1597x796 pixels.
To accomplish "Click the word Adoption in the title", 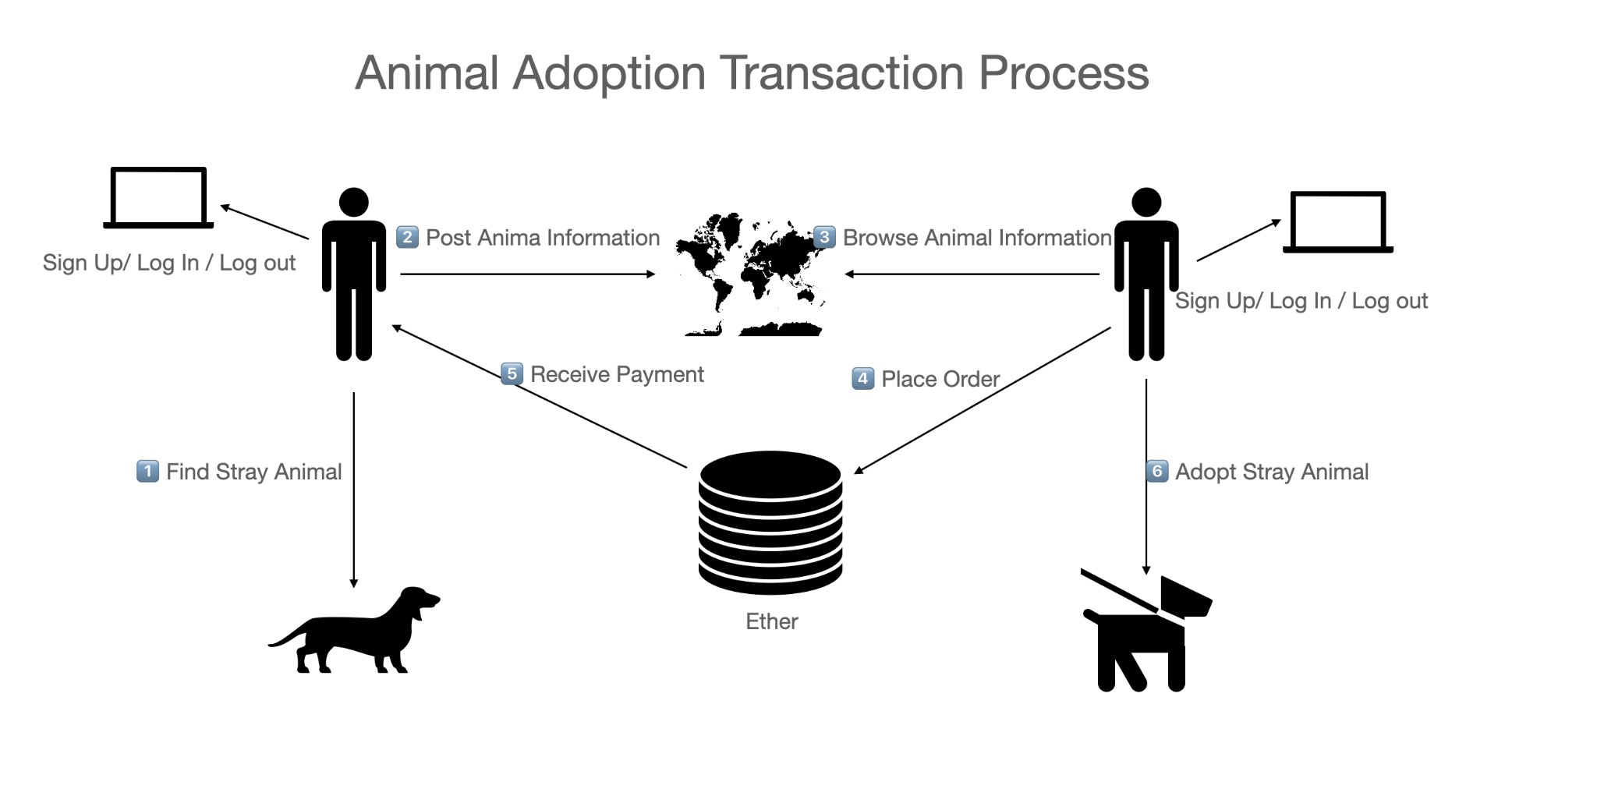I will [x=608, y=73].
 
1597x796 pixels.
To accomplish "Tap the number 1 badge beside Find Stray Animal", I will [x=147, y=471].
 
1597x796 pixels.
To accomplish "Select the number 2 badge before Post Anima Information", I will [x=407, y=237].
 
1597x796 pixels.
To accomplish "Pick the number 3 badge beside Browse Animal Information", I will [x=824, y=237].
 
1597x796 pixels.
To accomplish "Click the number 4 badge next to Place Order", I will [x=862, y=379].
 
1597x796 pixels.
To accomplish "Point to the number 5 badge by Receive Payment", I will [x=512, y=374].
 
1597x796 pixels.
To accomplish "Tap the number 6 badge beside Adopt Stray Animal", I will [x=1156, y=471].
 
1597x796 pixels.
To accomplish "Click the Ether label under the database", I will [x=771, y=621].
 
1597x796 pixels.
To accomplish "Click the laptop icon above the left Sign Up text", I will [x=158, y=197].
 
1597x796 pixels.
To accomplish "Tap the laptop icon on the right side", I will [x=1338, y=222].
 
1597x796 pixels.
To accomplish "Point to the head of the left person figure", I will [x=354, y=202].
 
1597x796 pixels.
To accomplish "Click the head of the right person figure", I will [x=1146, y=202].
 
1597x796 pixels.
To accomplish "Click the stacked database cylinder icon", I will [x=770, y=522].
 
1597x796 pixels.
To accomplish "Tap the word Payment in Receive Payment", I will [x=660, y=374].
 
